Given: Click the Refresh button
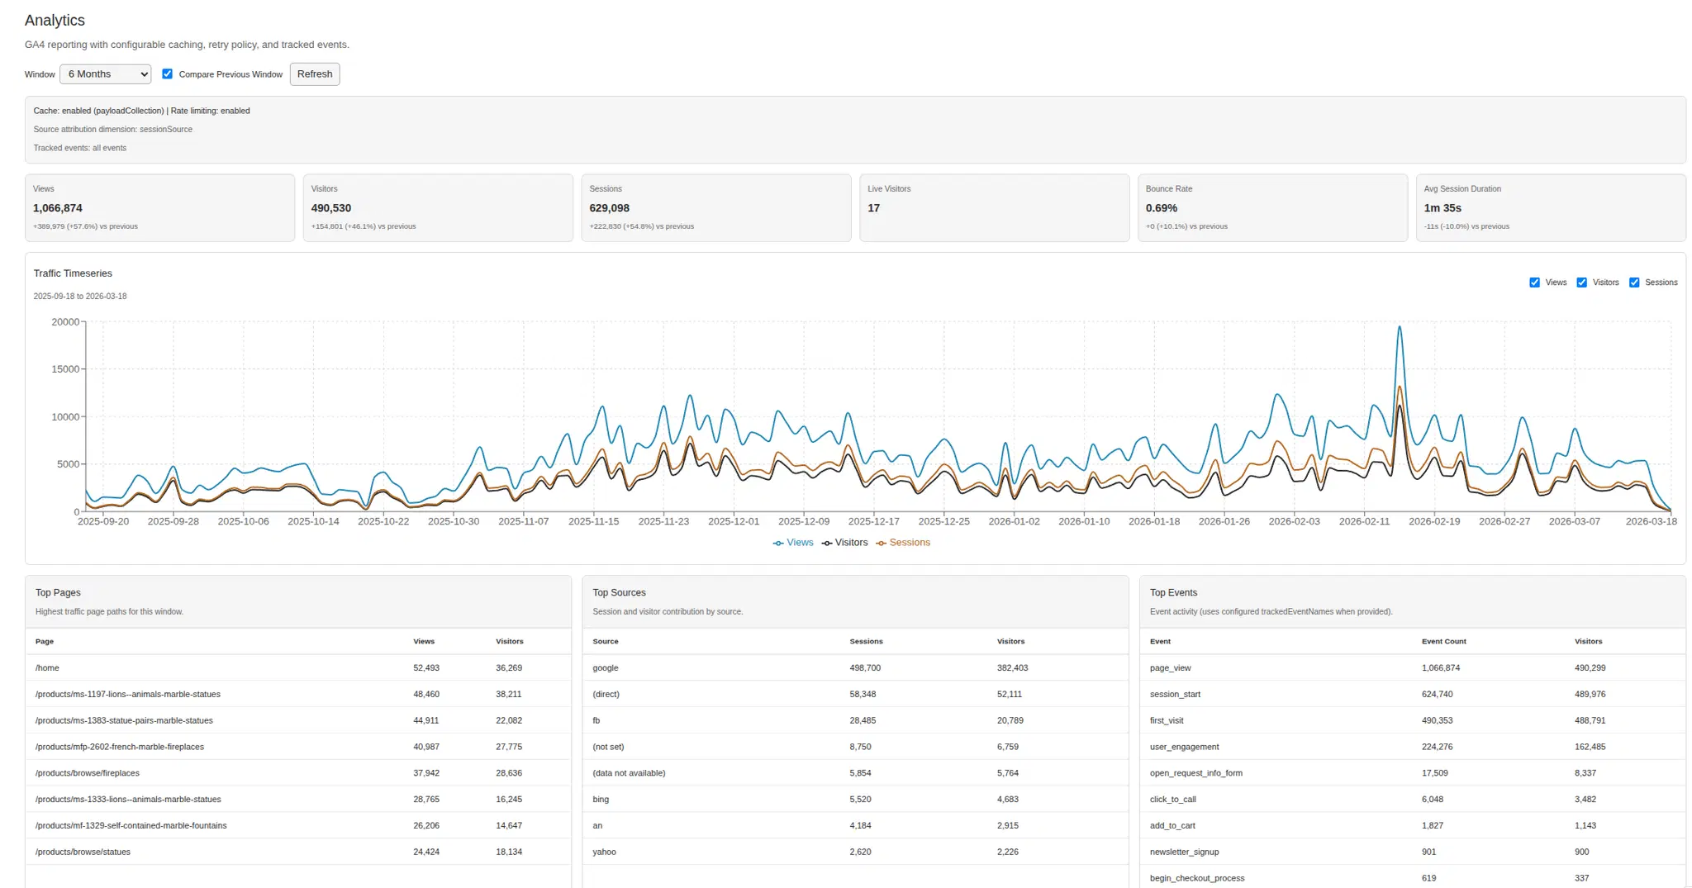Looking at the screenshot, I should pyautogui.click(x=314, y=74).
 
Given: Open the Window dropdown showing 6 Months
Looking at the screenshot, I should pyautogui.click(x=105, y=74).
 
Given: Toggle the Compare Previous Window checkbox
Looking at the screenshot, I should pyautogui.click(x=168, y=74).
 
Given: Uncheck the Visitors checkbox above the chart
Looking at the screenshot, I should pyautogui.click(x=1581, y=283).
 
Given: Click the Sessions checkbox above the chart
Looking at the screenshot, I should pyautogui.click(x=1633, y=283).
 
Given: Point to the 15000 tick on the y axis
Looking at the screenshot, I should pyautogui.click(x=65, y=369).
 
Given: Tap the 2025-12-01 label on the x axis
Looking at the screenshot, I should pyautogui.click(x=734, y=521).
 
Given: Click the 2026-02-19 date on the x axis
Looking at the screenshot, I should pyautogui.click(x=1434, y=521).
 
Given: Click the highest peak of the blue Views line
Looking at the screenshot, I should pyautogui.click(x=1400, y=327).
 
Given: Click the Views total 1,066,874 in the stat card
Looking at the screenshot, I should pyautogui.click(x=58, y=208).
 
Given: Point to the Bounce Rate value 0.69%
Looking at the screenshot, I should pyautogui.click(x=1161, y=208).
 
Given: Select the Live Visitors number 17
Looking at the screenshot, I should pyautogui.click(x=873, y=208).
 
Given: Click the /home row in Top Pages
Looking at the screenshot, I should pyautogui.click(x=47, y=667).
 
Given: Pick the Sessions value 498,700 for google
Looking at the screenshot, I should pyautogui.click(x=864, y=667).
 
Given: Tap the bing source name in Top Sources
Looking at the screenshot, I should pyautogui.click(x=601, y=799).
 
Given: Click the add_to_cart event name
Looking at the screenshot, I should pyautogui.click(x=1172, y=825).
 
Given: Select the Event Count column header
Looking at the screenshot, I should pyautogui.click(x=1443, y=641).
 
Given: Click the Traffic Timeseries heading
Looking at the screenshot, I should pyautogui.click(x=73, y=273).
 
